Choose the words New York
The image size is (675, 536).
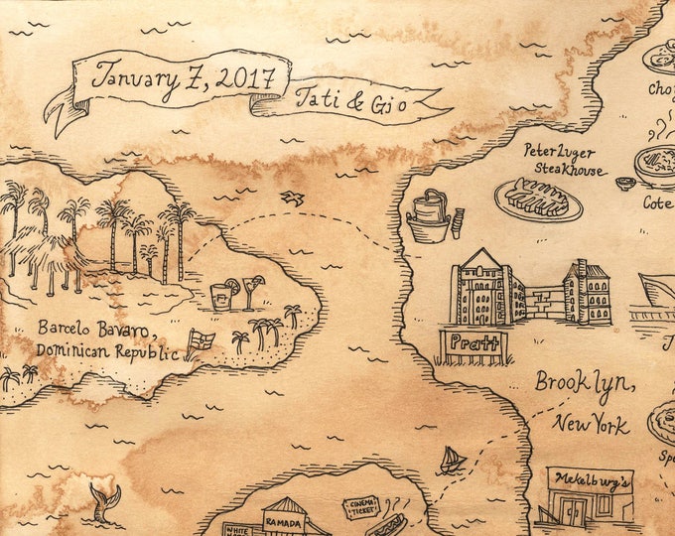(x=591, y=425)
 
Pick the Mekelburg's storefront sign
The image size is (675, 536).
(x=590, y=477)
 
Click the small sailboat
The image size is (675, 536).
(x=453, y=460)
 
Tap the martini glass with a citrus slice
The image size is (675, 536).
(x=252, y=289)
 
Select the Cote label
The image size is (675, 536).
(x=656, y=202)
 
